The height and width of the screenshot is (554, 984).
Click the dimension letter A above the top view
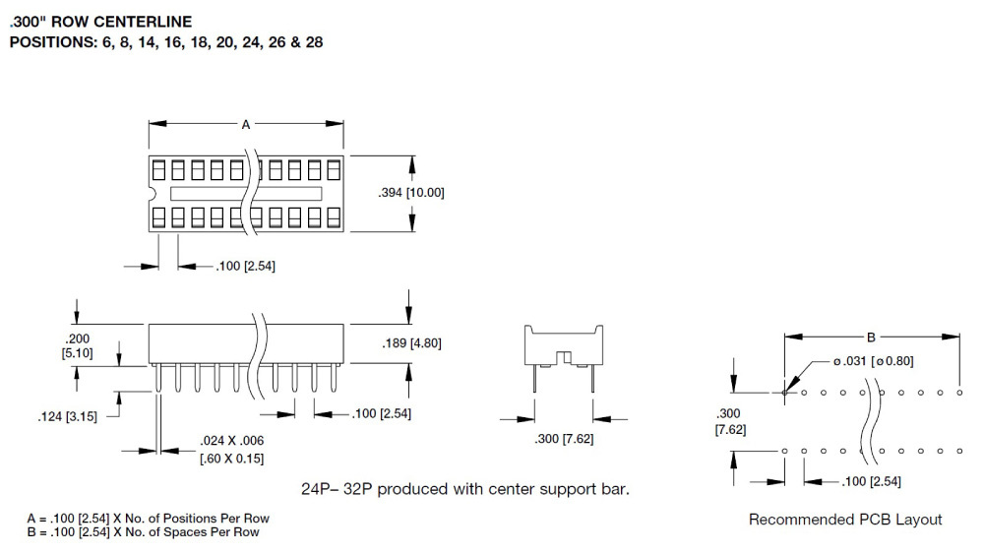(x=246, y=125)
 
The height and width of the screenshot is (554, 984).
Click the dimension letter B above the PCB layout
(x=871, y=338)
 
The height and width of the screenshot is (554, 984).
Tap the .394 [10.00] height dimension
(x=411, y=193)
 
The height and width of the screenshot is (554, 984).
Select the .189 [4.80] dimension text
(x=411, y=343)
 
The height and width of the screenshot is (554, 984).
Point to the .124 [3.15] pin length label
(x=67, y=416)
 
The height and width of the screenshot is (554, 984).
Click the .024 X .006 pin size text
(x=231, y=441)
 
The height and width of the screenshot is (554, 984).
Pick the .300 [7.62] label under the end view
(x=564, y=439)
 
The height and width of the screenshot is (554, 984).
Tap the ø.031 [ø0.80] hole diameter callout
(x=873, y=361)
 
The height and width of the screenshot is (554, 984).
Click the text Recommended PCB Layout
(x=845, y=520)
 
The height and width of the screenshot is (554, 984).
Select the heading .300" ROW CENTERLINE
(x=101, y=22)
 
